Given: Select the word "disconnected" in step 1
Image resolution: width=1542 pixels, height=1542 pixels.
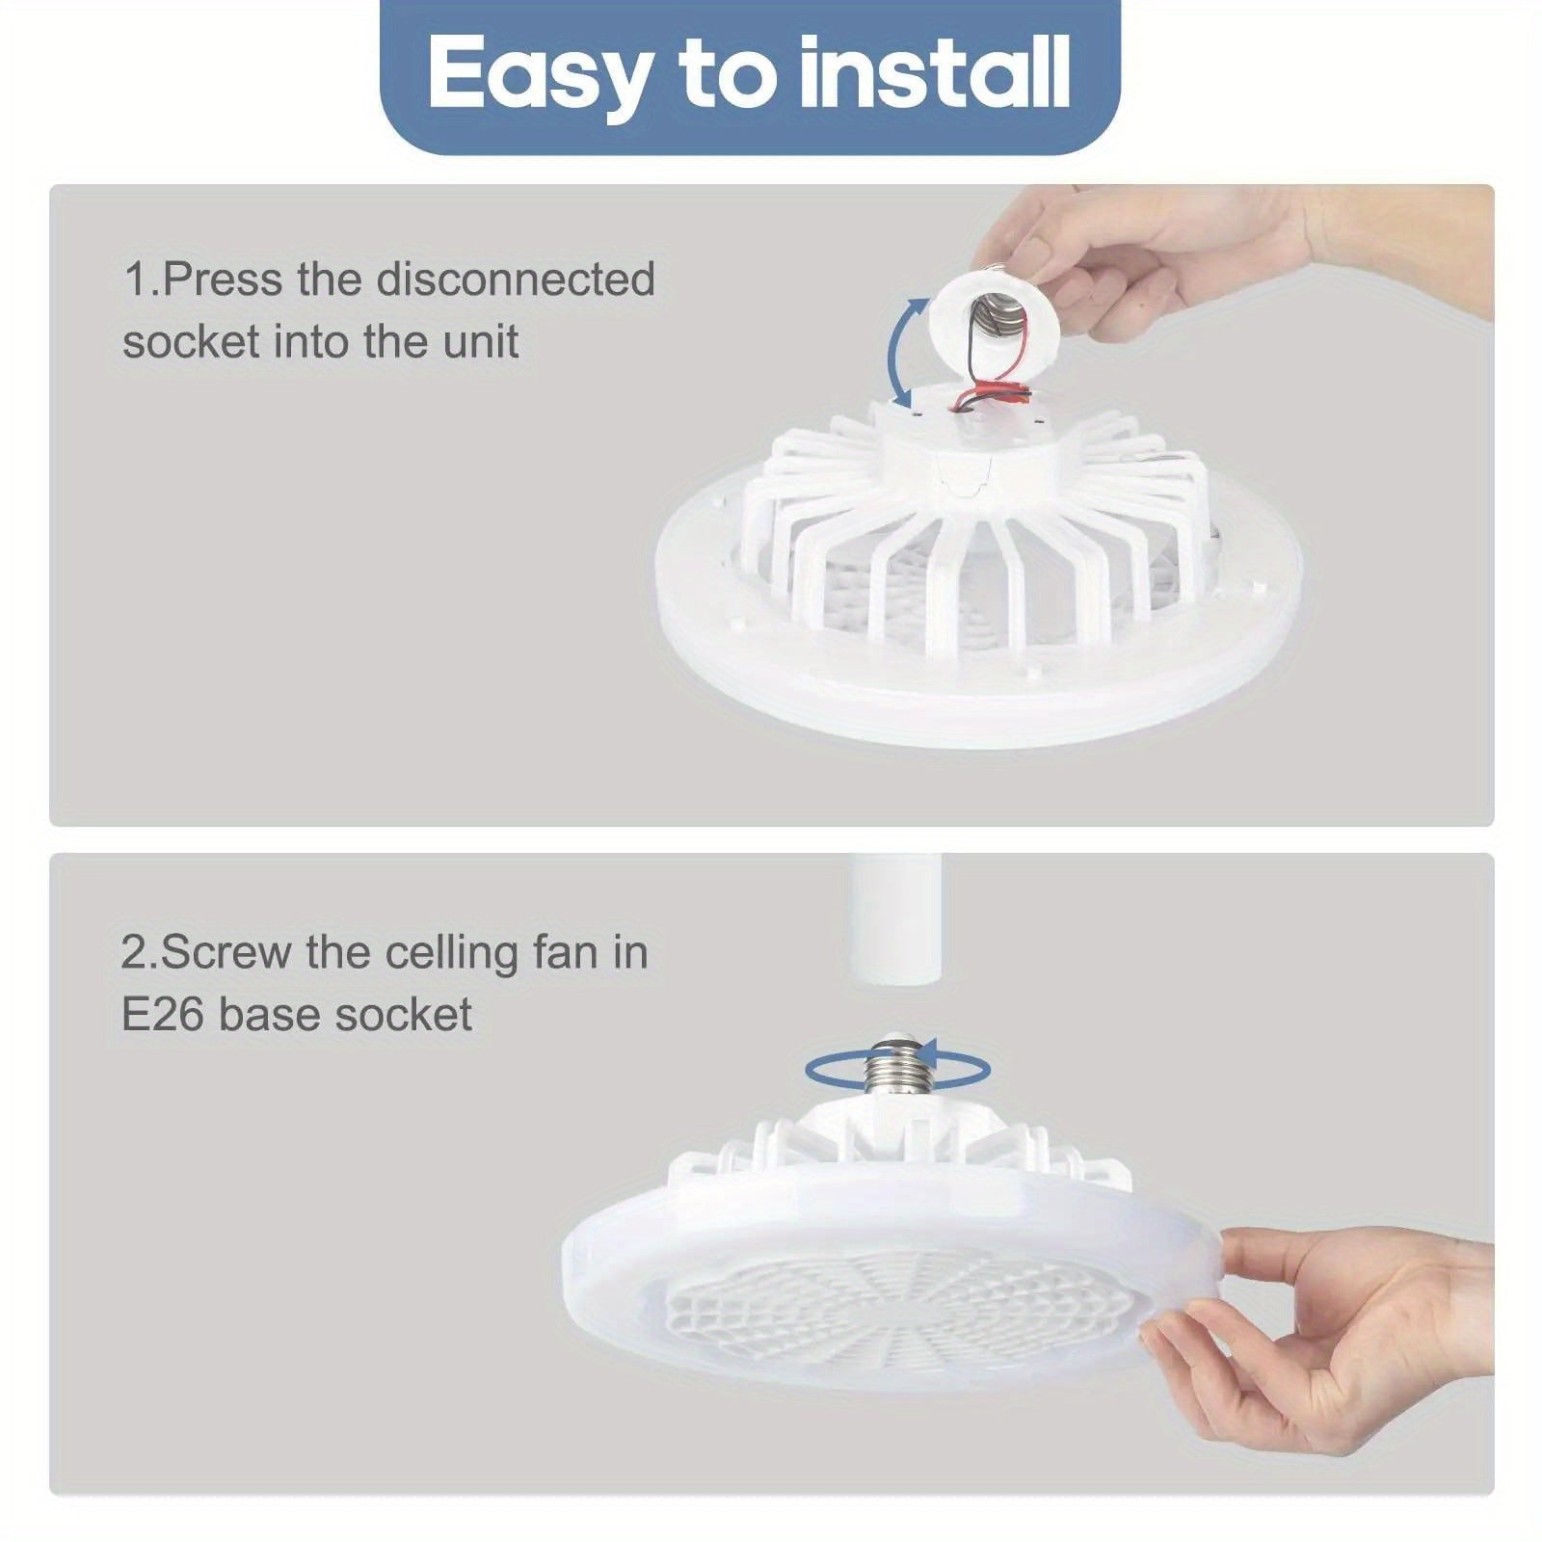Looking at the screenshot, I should (x=516, y=279).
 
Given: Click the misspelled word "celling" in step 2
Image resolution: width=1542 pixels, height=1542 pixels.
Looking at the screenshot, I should (x=452, y=952).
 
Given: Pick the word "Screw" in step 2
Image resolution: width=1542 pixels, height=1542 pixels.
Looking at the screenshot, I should (x=226, y=952).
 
